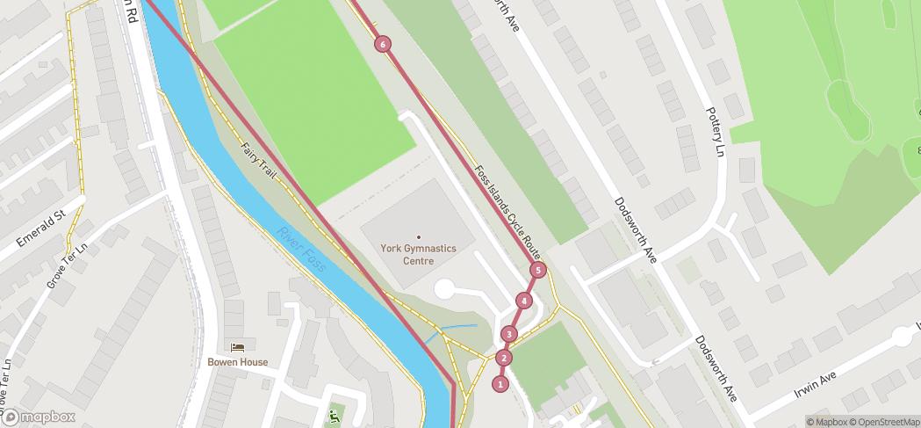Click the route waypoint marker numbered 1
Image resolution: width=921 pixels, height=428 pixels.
pos(500,383)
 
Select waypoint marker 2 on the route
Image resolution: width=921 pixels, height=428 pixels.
pos(503,358)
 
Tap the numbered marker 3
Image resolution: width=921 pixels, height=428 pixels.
pos(509,334)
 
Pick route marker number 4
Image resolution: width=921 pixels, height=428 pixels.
pos(524,301)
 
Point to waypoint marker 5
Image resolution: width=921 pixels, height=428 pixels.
pos(537,270)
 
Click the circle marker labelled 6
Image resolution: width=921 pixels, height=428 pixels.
pos(382,44)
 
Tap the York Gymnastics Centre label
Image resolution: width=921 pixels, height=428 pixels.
pos(419,254)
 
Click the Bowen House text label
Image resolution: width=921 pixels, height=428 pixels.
pos(237,362)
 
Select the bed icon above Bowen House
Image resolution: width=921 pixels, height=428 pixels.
pos(237,348)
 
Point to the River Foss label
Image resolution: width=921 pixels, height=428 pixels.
pos(301,249)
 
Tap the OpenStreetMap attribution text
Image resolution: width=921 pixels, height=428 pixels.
pos(884,422)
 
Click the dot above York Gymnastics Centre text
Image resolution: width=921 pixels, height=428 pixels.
pos(419,237)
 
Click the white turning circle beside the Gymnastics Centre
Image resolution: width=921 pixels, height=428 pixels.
pos(445,289)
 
